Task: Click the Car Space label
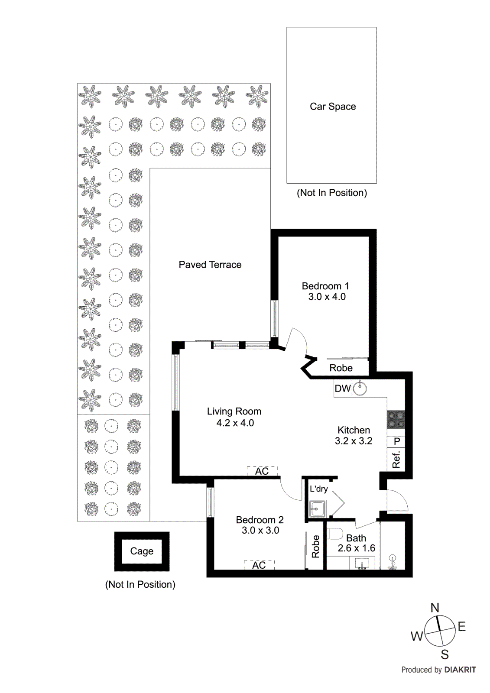(332, 107)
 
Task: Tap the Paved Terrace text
(210, 265)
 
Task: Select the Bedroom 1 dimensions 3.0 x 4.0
(327, 297)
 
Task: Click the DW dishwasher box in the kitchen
(342, 389)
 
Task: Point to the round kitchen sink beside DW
(360, 389)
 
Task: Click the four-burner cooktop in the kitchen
(396, 419)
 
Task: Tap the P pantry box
(396, 442)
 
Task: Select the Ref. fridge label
(396, 460)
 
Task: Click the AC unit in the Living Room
(262, 471)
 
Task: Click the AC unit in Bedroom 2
(259, 565)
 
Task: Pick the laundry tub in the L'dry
(317, 508)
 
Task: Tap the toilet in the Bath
(335, 533)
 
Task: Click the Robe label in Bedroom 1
(341, 368)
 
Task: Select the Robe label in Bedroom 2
(315, 546)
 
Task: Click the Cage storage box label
(142, 551)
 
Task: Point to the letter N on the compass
(435, 608)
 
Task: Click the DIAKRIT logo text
(460, 670)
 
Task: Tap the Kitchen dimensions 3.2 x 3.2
(353, 441)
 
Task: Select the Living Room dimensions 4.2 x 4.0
(235, 423)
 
